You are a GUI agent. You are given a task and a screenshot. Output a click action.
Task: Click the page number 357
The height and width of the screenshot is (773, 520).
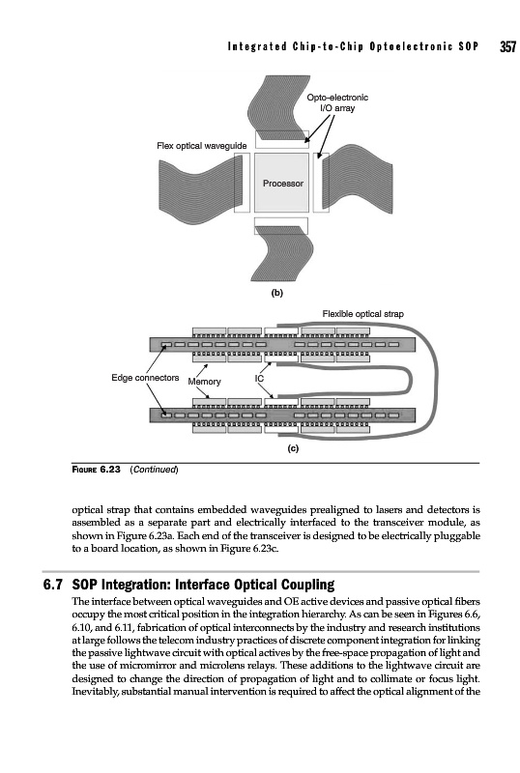pyautogui.click(x=507, y=46)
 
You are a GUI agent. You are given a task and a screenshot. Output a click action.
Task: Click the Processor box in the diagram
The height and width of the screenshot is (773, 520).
pyautogui.click(x=281, y=182)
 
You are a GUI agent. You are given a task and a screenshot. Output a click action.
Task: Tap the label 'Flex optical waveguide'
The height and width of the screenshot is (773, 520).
pyautogui.click(x=201, y=146)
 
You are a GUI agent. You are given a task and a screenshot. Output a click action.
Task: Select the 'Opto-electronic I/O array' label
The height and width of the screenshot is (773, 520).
pyautogui.click(x=337, y=102)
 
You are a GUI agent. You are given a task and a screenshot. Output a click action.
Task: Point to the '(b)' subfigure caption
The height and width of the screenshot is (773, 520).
pyautogui.click(x=277, y=293)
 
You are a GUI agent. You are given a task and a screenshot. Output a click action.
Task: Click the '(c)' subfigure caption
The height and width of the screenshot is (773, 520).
pyautogui.click(x=293, y=448)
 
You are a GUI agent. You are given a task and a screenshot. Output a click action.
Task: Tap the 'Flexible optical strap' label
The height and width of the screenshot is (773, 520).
pyautogui.click(x=362, y=313)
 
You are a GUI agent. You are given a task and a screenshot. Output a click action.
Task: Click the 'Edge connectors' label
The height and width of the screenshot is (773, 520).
pyautogui.click(x=145, y=378)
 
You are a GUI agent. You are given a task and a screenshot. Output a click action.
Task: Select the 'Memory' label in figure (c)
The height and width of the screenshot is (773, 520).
pyautogui.click(x=204, y=382)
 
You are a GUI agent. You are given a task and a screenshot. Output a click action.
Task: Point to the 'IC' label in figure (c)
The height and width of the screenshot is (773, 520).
pyautogui.click(x=259, y=378)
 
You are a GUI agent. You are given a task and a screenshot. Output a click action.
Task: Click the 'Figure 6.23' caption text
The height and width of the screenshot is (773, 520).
pyautogui.click(x=97, y=469)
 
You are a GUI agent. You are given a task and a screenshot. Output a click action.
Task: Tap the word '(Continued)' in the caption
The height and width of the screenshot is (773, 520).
pyautogui.click(x=154, y=470)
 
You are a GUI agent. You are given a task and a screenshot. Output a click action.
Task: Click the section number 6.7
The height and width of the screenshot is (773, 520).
pyautogui.click(x=53, y=585)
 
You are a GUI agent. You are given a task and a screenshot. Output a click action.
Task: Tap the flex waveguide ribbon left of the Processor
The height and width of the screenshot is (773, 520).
pyautogui.click(x=201, y=184)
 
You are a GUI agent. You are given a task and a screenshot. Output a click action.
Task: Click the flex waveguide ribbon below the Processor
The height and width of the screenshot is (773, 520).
pyautogui.click(x=281, y=253)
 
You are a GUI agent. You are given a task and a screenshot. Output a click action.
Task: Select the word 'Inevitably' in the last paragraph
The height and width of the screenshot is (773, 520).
pyautogui.click(x=93, y=692)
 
